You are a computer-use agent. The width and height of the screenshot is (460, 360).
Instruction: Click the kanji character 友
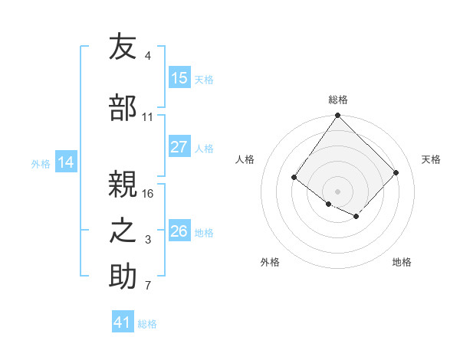click(123, 47)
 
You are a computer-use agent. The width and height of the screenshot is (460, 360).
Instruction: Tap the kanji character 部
click(123, 108)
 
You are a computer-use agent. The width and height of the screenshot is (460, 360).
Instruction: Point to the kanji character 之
click(123, 231)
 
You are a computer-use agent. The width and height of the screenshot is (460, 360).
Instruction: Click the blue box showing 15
click(179, 78)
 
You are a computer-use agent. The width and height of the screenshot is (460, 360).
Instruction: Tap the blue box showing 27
click(179, 148)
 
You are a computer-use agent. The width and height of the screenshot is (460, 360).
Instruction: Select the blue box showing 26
click(179, 231)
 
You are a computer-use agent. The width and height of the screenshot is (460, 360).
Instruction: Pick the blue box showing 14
click(66, 162)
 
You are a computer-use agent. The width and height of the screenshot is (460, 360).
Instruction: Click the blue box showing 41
click(123, 322)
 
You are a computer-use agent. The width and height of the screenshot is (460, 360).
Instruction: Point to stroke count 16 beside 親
click(148, 193)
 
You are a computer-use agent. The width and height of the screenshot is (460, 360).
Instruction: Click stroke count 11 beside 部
click(148, 117)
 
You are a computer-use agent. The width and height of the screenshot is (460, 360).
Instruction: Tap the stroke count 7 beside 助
click(148, 286)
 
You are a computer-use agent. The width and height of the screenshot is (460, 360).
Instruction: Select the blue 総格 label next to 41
click(147, 324)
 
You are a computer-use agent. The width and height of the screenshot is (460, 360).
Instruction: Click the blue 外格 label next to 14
click(41, 163)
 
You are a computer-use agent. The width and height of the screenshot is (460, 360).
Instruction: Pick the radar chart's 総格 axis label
click(338, 100)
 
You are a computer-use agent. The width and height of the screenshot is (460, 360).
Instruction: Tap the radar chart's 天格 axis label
click(431, 159)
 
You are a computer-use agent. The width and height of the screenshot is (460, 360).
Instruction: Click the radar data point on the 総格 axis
click(337, 116)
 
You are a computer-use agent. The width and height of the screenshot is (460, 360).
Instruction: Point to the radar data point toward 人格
click(294, 178)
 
